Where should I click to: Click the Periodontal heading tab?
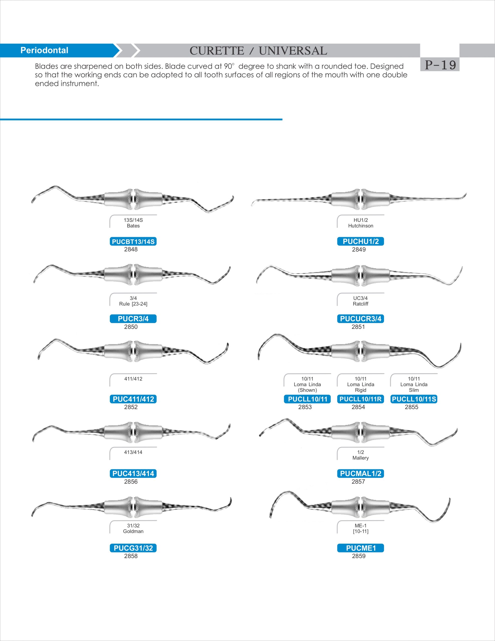44,50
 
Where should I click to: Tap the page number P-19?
440,65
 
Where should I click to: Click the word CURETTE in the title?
216,51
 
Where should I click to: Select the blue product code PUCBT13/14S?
133,242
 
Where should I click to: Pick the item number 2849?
359,249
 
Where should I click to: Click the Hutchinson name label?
360,226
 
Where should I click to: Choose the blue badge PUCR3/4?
133,318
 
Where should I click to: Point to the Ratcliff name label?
360,304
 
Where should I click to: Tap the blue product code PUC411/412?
133,399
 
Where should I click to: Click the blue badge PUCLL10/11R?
360,399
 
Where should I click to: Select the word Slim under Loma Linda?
414,390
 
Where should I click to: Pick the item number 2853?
305,407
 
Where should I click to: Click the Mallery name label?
360,458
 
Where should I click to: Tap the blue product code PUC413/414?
133,473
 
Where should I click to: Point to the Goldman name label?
133,531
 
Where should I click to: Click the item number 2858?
131,556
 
